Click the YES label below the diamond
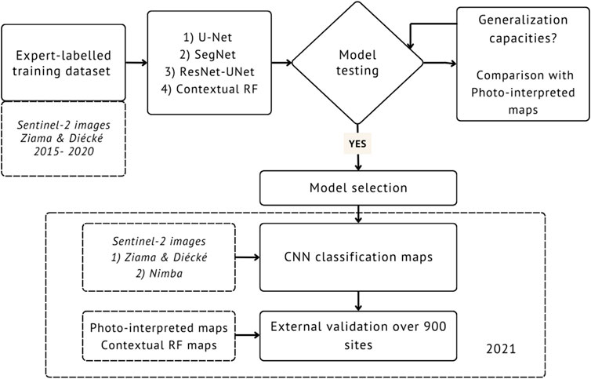357,144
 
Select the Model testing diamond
357,63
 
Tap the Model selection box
358,188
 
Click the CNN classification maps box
358,257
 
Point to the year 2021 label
501,348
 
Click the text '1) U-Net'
208,37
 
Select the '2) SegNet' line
208,54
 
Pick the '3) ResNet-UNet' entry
209,71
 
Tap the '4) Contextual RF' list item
209,89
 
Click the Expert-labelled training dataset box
63,63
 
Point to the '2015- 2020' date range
63,151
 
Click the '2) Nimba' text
159,273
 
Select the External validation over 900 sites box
358,336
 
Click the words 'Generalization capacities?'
523,29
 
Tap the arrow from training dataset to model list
136,63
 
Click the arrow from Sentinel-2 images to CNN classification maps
248,257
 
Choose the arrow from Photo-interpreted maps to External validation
248,335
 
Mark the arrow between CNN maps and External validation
358,301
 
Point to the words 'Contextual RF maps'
158,345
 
